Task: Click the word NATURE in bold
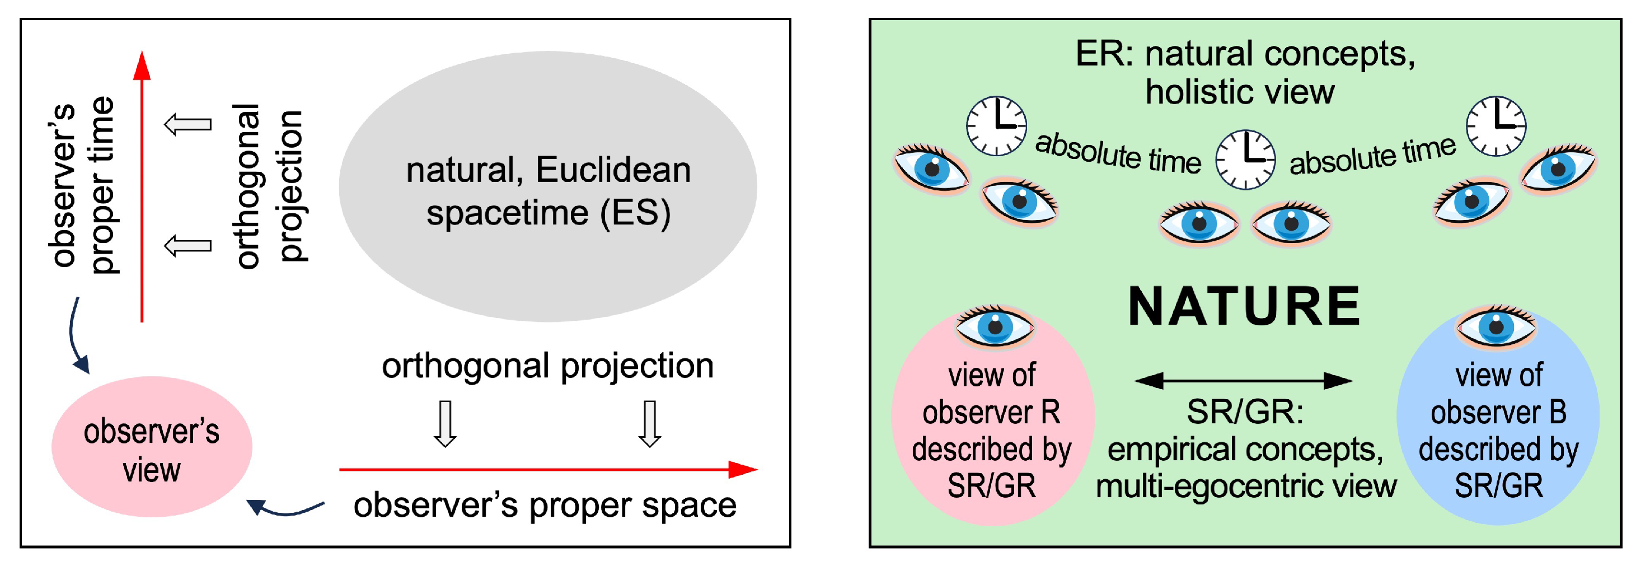coord(1244,307)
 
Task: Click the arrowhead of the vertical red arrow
coord(142,66)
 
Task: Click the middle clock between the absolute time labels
coord(1245,160)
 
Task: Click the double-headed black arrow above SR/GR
coord(1243,381)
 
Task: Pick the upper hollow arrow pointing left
coord(188,124)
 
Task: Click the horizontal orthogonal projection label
coord(547,366)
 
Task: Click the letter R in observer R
coord(1050,413)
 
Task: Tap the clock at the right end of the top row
coord(1496,126)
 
